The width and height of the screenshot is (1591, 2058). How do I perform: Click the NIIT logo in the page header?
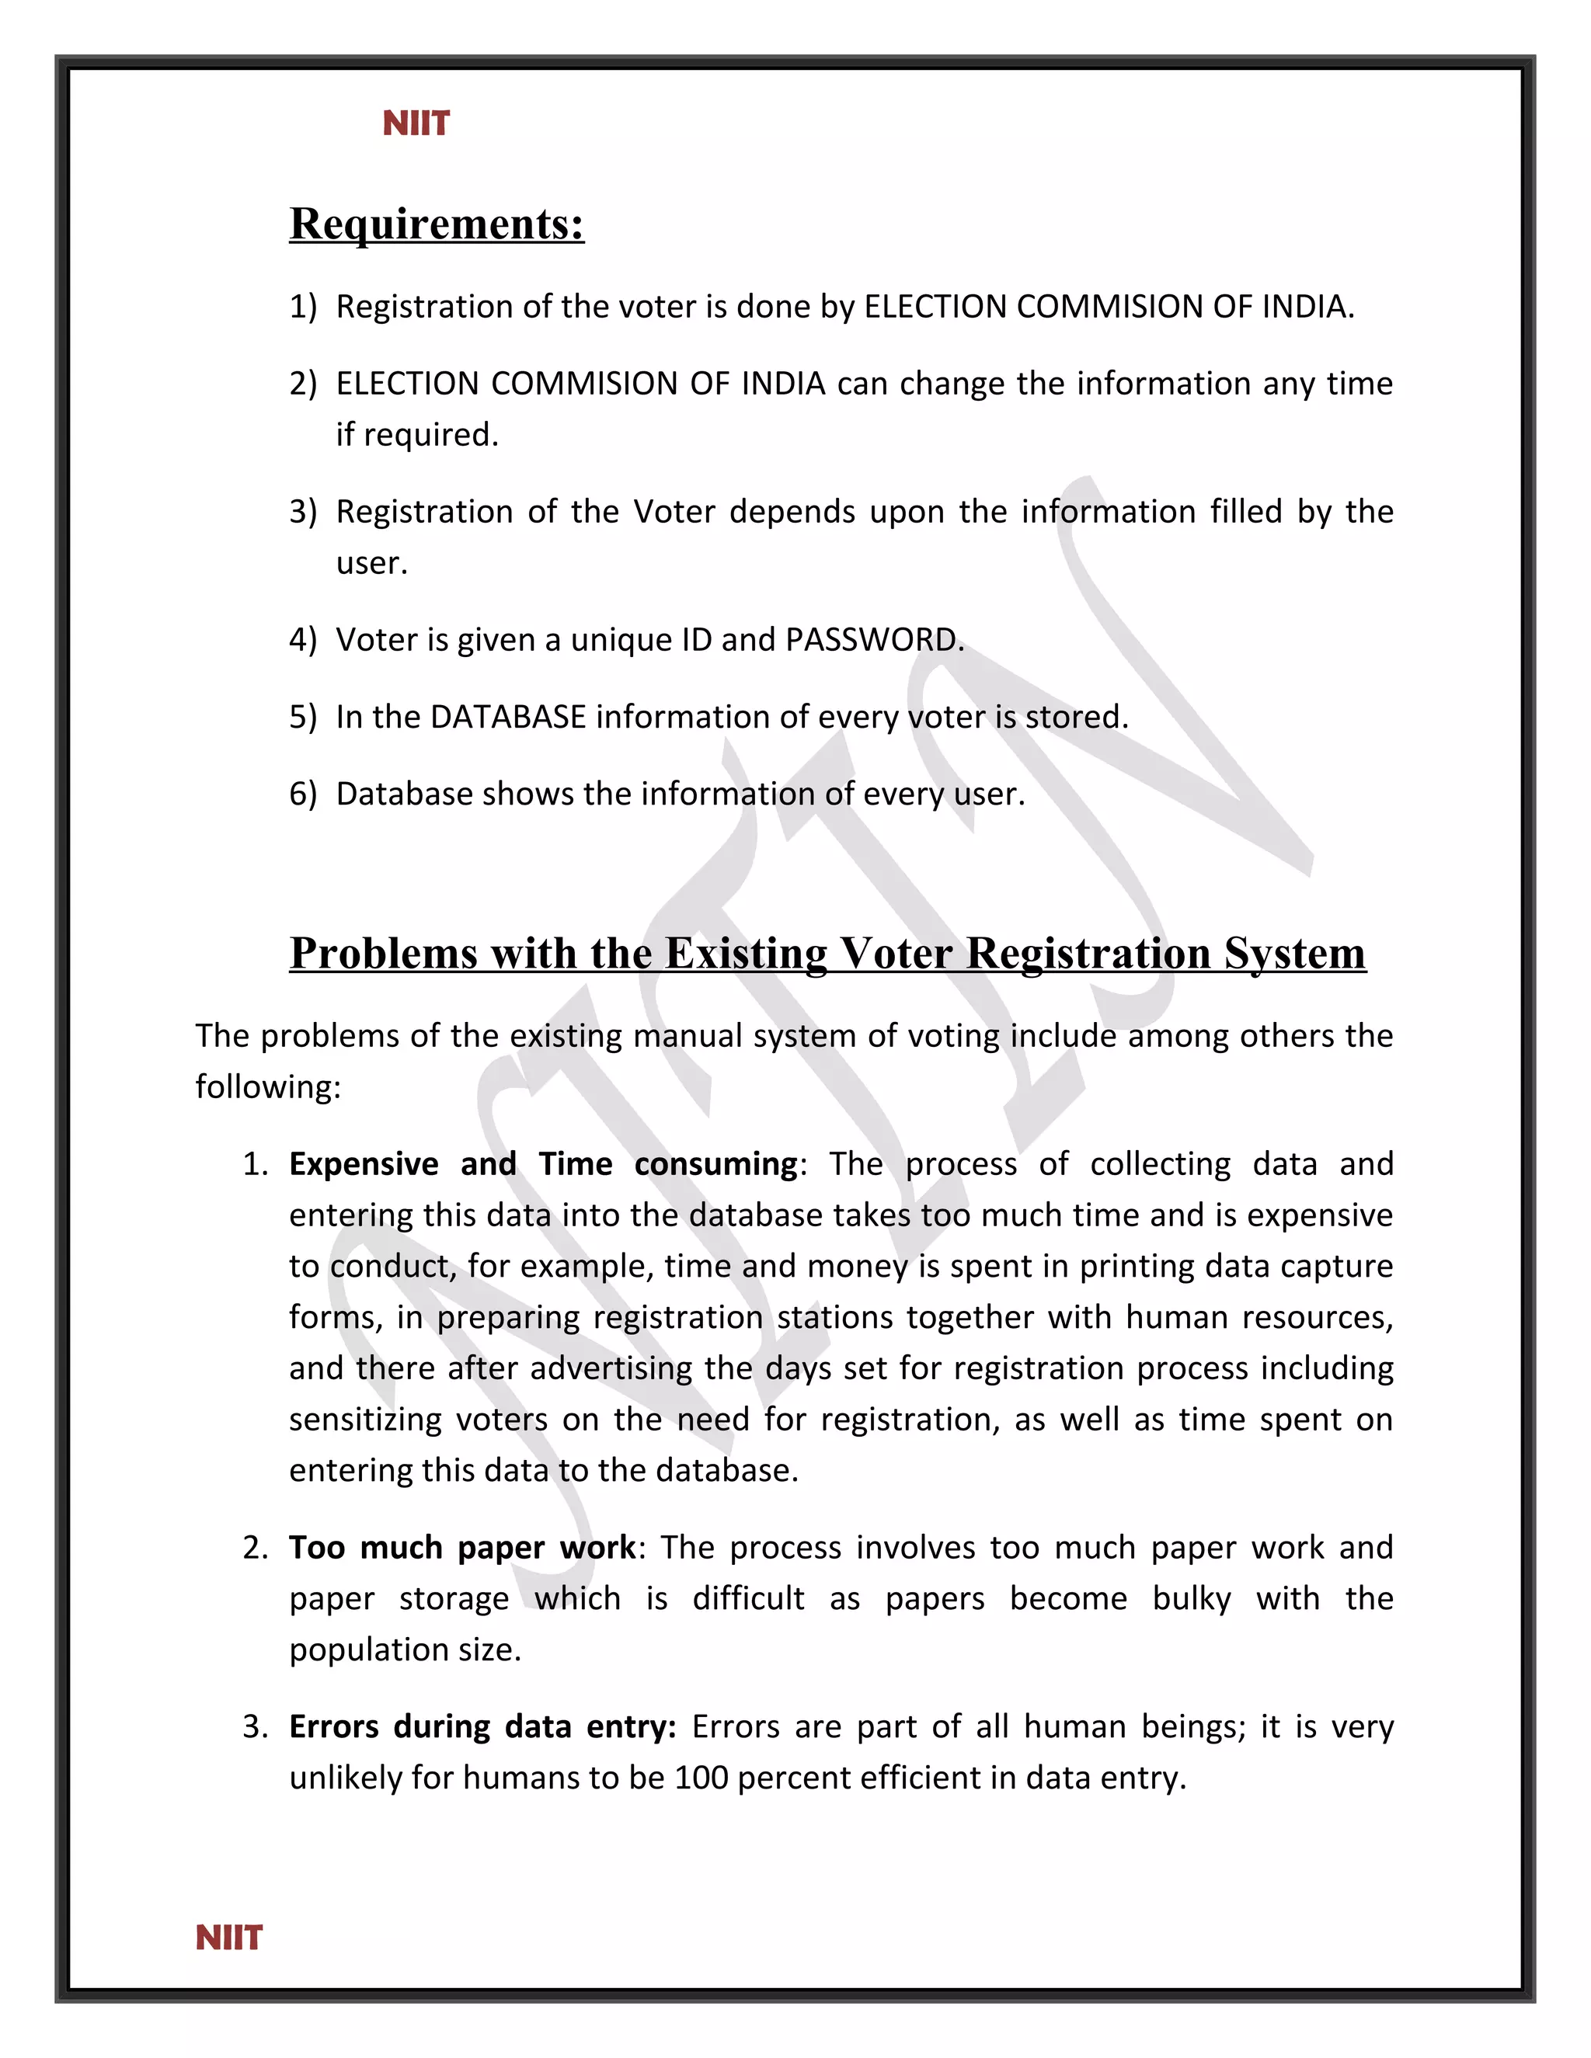tap(416, 123)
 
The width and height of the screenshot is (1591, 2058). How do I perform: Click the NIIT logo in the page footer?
tap(229, 1938)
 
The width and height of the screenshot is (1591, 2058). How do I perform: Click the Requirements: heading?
tap(437, 224)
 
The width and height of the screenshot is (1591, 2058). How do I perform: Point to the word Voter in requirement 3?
tap(675, 512)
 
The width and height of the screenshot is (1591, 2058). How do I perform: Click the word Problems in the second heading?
tap(383, 954)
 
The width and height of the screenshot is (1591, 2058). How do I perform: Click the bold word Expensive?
tap(363, 1164)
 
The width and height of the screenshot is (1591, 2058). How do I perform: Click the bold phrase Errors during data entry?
tap(482, 1726)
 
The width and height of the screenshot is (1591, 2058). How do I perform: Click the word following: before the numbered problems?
tap(268, 1087)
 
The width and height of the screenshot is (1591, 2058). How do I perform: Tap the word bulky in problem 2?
tap(1192, 1598)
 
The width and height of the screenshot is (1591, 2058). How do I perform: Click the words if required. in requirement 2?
tap(416, 436)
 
